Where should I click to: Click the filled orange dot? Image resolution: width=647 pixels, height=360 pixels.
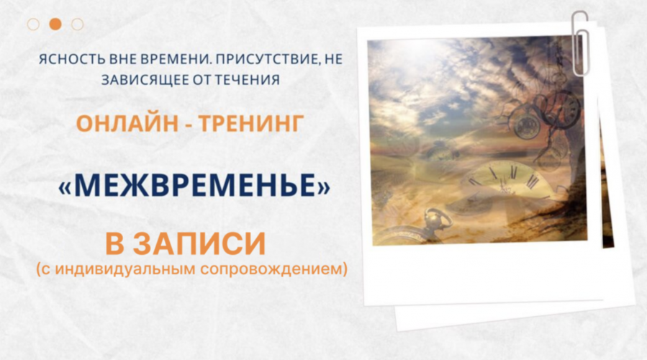click(x=55, y=24)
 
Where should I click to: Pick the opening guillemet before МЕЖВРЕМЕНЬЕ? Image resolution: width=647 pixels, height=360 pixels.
click(x=65, y=186)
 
